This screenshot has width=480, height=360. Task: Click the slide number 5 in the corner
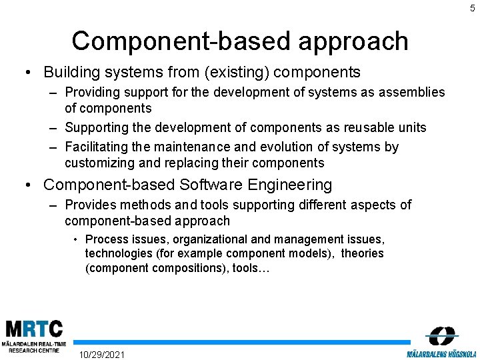[472, 8]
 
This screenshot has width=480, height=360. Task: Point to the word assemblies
[411, 93]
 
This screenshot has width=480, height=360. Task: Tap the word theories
[362, 253]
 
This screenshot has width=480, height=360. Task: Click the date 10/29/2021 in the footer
[101, 354]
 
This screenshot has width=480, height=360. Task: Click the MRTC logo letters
[33, 329]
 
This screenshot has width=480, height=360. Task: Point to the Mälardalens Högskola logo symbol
[441, 335]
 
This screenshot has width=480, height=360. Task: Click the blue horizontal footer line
[240, 342]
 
